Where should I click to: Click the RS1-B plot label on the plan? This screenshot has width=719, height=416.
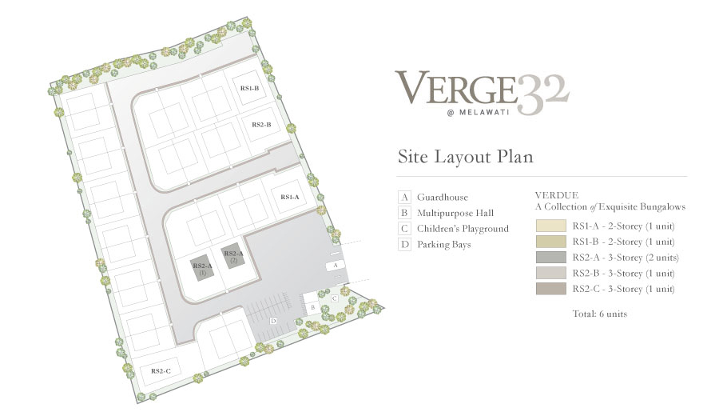click(249, 88)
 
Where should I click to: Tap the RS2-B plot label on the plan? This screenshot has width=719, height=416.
click(261, 125)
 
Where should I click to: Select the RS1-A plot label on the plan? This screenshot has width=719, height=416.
click(290, 197)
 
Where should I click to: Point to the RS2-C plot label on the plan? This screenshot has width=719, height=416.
click(161, 371)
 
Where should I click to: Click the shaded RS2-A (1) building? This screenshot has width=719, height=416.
click(202, 269)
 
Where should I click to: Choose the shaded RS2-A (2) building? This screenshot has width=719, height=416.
click(233, 256)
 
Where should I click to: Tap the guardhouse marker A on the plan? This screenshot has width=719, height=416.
click(336, 266)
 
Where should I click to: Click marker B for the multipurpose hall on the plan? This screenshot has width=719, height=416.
click(312, 307)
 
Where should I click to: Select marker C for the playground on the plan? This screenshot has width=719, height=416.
click(335, 298)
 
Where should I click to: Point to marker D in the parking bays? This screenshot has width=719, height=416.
click(273, 321)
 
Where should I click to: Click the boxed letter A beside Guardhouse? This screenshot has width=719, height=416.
click(404, 198)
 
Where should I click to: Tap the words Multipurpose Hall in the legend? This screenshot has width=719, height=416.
click(455, 213)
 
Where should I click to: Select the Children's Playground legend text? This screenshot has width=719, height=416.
click(463, 229)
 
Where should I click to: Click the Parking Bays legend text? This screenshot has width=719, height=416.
click(444, 245)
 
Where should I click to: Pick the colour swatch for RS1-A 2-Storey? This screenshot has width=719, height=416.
click(550, 226)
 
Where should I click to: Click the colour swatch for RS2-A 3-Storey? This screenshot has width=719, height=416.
click(550, 257)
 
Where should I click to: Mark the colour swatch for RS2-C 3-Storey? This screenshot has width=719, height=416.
click(550, 289)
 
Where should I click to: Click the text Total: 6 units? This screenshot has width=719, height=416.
click(600, 314)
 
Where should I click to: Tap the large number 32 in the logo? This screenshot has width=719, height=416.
click(543, 94)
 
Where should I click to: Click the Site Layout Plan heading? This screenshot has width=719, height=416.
click(466, 157)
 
